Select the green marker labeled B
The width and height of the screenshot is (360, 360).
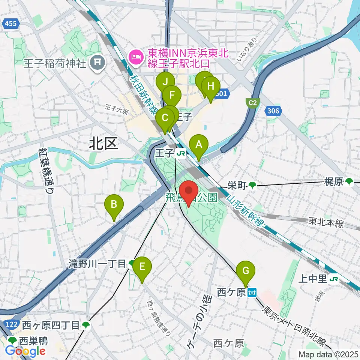114,205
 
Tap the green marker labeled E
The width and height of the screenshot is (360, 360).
142,267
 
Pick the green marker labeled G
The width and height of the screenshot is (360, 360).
246,271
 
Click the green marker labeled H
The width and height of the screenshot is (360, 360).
211,87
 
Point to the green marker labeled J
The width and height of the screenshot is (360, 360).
165,81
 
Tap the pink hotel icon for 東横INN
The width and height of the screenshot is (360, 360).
134,57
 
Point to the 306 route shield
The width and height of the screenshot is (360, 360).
273,111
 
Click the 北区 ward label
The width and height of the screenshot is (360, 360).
103,144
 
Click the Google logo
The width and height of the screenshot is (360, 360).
25,351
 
